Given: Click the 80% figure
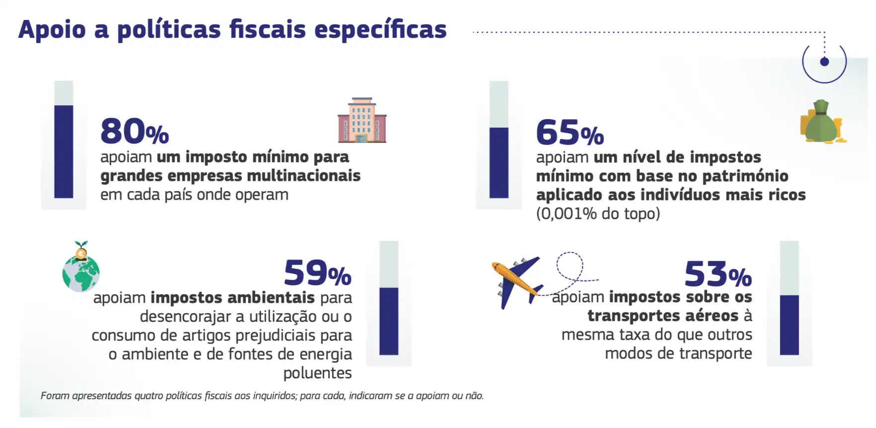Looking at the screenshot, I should point(134,132).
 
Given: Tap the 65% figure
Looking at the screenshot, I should point(570,133).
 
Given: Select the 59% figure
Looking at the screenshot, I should point(317,273).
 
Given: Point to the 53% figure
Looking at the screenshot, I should point(718,274).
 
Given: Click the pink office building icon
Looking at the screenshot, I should point(362,121).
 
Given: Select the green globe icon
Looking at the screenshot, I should point(81,271).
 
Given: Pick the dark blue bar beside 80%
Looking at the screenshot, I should point(64,151).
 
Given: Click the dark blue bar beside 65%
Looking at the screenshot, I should point(499,162).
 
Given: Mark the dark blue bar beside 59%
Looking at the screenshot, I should point(389,321).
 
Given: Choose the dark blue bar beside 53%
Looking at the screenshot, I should point(789,325).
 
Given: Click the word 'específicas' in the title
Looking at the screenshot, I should point(380,30).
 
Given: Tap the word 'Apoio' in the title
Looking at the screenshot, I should point(52,30).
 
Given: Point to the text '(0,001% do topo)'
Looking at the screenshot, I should point(598,214).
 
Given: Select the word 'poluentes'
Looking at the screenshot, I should point(317,373).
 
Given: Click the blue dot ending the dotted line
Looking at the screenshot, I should point(824,62).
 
